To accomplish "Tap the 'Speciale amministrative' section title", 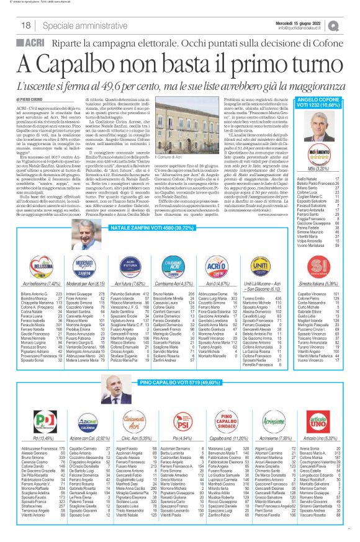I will (x=68, y=25).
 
